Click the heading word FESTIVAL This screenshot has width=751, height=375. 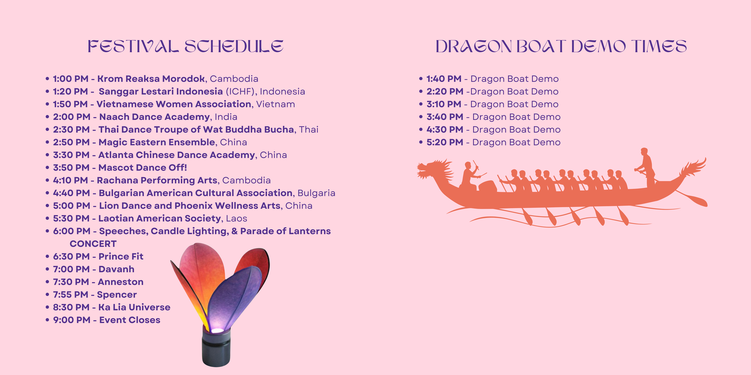point(133,47)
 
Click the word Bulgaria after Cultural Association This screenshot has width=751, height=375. point(316,193)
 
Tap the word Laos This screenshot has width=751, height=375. point(236,218)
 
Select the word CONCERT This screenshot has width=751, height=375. point(93,244)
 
